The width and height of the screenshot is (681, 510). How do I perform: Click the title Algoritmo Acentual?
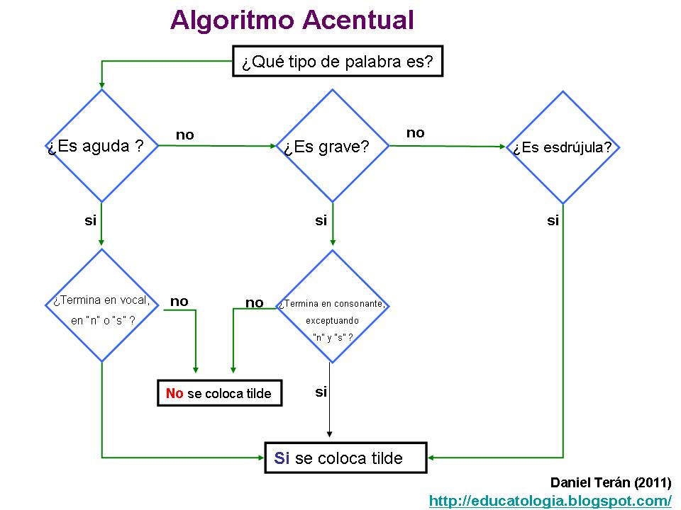click(x=292, y=20)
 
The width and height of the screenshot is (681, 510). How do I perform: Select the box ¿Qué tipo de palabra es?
click(x=338, y=62)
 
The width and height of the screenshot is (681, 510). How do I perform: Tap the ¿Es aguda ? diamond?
click(x=101, y=147)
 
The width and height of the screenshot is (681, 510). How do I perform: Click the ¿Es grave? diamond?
click(x=332, y=147)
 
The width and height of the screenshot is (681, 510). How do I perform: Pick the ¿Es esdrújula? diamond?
click(x=563, y=147)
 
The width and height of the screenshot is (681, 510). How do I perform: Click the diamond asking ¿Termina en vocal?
click(x=101, y=306)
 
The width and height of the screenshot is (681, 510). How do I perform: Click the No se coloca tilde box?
click(x=219, y=393)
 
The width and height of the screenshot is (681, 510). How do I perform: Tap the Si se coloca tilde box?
click(x=345, y=458)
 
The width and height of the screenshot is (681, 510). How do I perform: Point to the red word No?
click(x=175, y=393)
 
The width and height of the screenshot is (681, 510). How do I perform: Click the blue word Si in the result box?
click(x=282, y=458)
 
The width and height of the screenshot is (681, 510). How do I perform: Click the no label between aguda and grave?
click(x=184, y=135)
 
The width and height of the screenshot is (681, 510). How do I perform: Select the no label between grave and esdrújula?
click(x=415, y=133)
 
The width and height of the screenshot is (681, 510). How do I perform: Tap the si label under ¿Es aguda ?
click(x=90, y=220)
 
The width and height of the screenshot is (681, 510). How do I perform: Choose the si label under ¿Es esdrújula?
click(x=553, y=220)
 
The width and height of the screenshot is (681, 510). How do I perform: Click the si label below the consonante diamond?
click(x=321, y=392)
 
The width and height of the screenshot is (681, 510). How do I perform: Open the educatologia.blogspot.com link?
click(x=550, y=501)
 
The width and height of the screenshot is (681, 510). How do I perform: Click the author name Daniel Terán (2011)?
click(x=610, y=483)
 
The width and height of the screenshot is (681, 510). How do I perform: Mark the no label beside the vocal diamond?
click(x=179, y=302)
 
